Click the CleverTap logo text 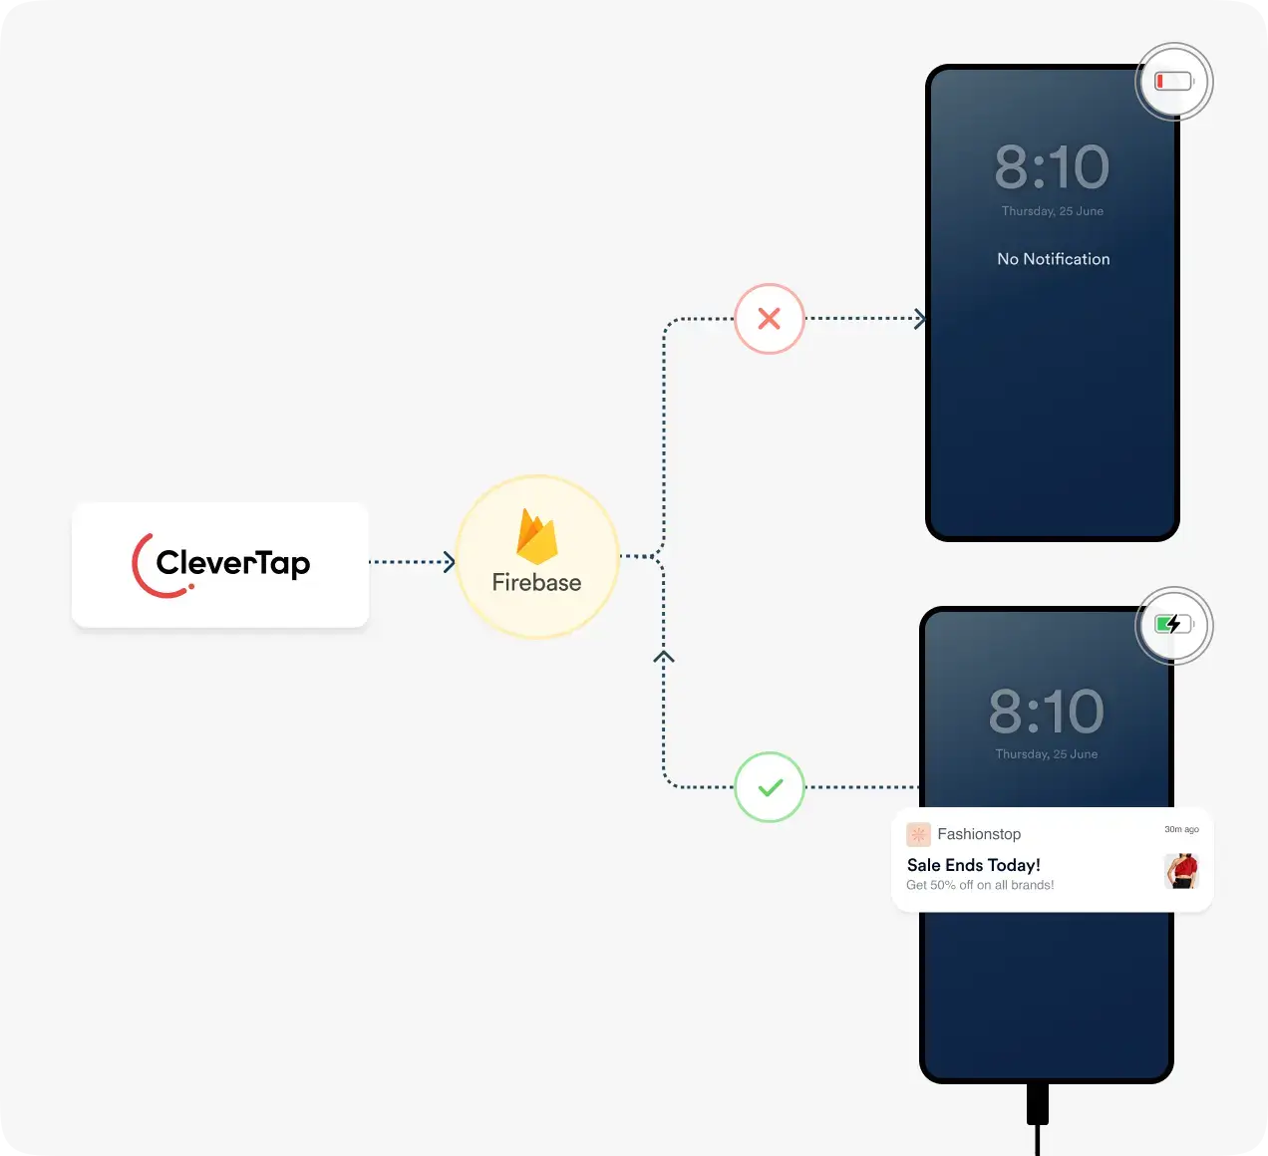point(233,563)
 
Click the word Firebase point(536,583)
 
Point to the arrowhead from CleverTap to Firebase point(450,562)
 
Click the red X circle point(770,319)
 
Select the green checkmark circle point(770,787)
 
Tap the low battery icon point(1174,82)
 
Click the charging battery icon point(1174,625)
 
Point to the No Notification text point(1053,259)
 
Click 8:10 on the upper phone point(1052,167)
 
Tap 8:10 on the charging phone point(1046,712)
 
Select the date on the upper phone point(1052,211)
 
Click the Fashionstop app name point(979,834)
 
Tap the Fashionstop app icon point(918,834)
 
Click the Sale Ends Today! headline point(973,865)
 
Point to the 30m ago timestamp point(1181,829)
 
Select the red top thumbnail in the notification point(1181,871)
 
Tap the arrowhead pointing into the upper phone point(920,319)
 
